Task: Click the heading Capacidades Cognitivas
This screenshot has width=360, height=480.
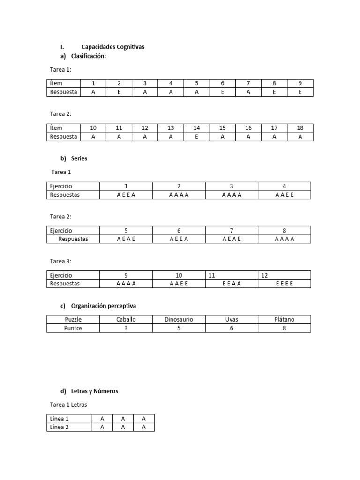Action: tap(113, 47)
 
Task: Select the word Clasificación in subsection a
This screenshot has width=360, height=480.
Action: tap(89, 56)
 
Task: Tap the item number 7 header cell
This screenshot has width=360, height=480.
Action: tap(248, 83)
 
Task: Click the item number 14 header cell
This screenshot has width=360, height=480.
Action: tap(196, 128)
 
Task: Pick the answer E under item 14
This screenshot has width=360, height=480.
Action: tap(196, 136)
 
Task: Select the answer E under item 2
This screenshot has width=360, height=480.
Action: tap(119, 92)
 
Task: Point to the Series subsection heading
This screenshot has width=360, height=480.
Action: tap(79, 158)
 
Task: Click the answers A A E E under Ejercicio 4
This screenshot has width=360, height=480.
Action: tap(284, 195)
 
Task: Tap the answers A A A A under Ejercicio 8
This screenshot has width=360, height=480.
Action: tap(284, 239)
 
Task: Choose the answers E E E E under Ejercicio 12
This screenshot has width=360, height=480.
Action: tap(284, 284)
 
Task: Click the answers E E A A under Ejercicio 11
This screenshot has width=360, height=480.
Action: tap(232, 284)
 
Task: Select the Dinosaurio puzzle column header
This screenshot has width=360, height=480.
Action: tap(179, 320)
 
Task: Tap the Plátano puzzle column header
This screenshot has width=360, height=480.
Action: tap(284, 320)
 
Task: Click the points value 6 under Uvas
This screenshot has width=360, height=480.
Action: tap(232, 328)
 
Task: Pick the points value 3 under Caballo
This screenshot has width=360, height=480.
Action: tap(126, 328)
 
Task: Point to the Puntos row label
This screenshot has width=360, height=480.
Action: tap(73, 328)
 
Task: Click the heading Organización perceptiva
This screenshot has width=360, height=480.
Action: tap(104, 306)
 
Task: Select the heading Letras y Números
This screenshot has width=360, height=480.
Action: tap(95, 391)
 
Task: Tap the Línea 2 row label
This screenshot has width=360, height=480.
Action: tap(60, 427)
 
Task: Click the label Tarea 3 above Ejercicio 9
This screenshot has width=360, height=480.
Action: tap(61, 261)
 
